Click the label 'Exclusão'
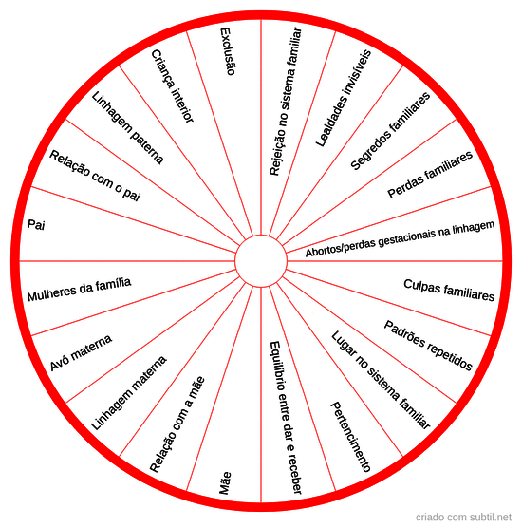click(x=228, y=51)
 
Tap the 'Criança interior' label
click(x=173, y=86)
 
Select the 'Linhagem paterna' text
click(x=127, y=127)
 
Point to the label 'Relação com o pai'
click(x=95, y=176)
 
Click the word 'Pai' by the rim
click(x=36, y=224)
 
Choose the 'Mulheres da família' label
click(x=79, y=290)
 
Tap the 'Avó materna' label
click(x=81, y=353)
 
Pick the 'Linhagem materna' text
click(x=129, y=393)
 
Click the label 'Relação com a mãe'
click(x=177, y=424)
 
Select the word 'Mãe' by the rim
click(x=225, y=483)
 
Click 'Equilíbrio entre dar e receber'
click(x=285, y=418)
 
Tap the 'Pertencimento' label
click(x=350, y=437)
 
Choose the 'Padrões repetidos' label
click(x=428, y=346)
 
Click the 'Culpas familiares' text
click(x=449, y=290)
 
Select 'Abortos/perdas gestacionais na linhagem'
click(x=400, y=238)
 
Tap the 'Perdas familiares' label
click(x=430, y=175)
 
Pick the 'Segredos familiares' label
click(x=390, y=131)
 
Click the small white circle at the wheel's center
click(x=261, y=261)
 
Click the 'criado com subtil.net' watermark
click(x=463, y=517)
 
